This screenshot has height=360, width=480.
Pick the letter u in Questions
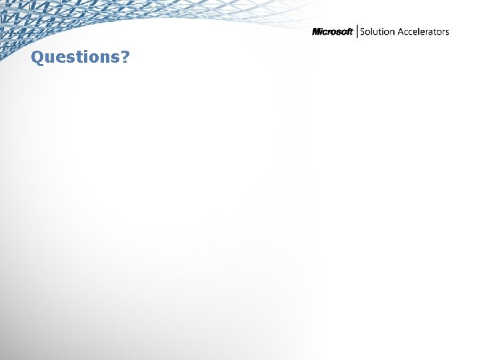pos(50,58)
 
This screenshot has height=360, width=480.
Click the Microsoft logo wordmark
pos(332,32)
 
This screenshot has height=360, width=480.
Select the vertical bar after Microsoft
pos(357,31)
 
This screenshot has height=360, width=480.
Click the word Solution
pos(378,32)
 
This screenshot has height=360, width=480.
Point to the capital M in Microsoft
pos(317,32)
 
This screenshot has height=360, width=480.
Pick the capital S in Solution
pos(363,32)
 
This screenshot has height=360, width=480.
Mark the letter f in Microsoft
pos(347,32)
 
